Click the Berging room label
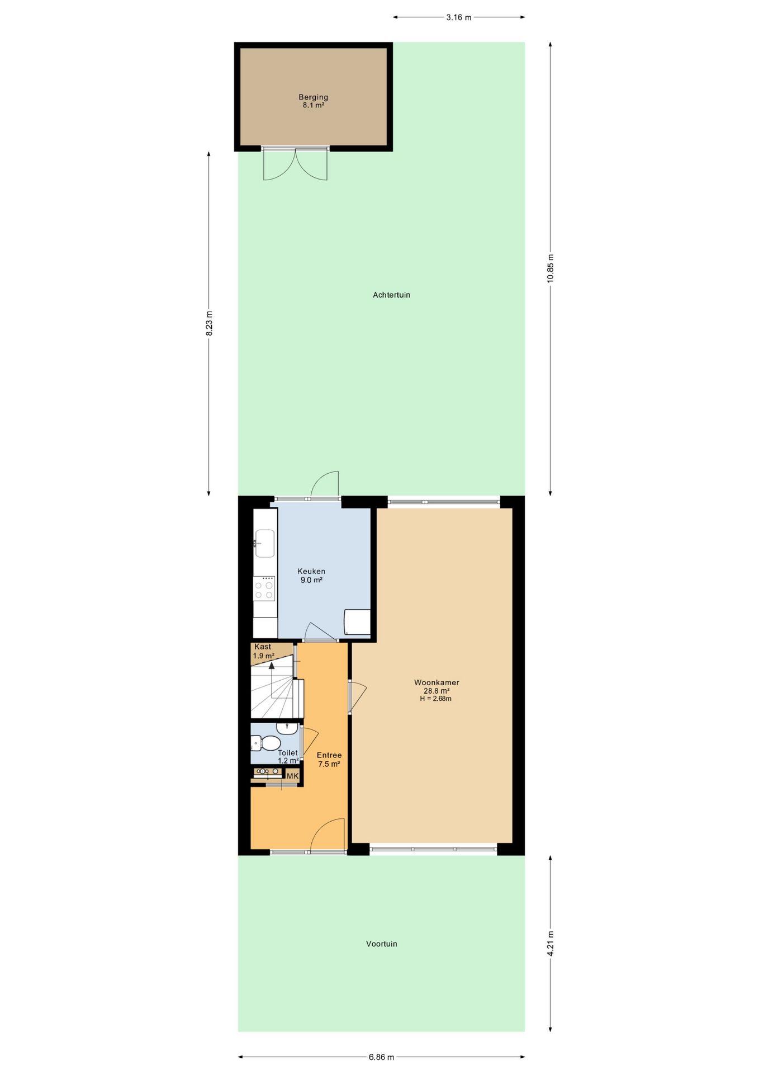click(x=313, y=97)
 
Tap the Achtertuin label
click(x=391, y=295)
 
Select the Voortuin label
click(x=382, y=944)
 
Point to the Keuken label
click(x=311, y=571)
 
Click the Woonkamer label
click(x=437, y=682)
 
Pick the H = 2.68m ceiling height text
click(x=436, y=699)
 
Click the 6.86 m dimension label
click(x=381, y=1057)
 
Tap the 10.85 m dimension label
click(x=551, y=268)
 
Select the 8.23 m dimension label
click(x=209, y=323)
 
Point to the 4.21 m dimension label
click(x=551, y=943)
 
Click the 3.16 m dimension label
click(x=458, y=17)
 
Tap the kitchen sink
click(x=264, y=543)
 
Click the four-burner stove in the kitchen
click(x=264, y=588)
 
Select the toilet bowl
click(x=270, y=743)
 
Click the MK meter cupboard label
click(x=292, y=775)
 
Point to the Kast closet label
click(x=263, y=647)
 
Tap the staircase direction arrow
click(x=272, y=666)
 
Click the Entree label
click(x=329, y=755)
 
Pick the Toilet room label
click(x=288, y=753)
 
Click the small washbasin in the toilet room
click(x=287, y=728)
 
